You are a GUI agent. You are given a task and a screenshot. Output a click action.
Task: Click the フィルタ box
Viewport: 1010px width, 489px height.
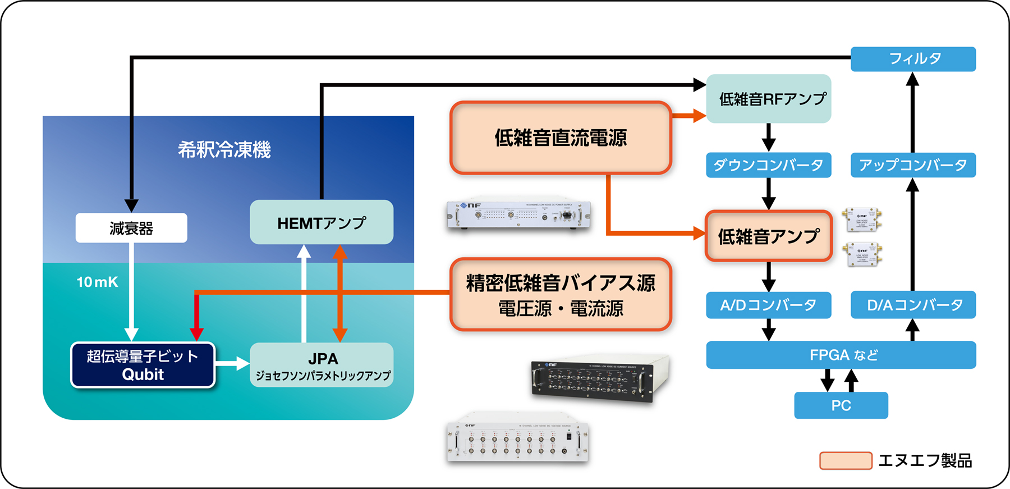click(913, 59)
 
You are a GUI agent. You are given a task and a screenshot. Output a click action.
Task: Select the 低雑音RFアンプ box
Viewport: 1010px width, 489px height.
click(768, 99)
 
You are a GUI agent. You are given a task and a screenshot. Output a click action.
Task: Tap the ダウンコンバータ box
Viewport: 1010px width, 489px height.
click(768, 165)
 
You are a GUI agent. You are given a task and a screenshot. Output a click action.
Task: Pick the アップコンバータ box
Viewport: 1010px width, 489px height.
click(913, 165)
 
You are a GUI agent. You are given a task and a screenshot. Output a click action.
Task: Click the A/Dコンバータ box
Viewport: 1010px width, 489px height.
click(768, 305)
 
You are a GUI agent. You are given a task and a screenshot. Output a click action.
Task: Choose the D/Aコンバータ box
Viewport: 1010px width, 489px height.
click(913, 305)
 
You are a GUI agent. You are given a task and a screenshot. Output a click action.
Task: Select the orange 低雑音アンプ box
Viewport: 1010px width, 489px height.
click(768, 236)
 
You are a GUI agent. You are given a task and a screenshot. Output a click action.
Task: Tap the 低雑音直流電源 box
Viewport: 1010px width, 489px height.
click(561, 138)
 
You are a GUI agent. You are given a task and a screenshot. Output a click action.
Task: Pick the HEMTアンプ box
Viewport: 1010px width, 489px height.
click(321, 222)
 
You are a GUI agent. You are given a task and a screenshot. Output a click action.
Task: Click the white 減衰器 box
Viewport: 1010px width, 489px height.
click(131, 228)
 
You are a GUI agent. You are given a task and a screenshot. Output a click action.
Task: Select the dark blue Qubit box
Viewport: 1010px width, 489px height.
click(143, 365)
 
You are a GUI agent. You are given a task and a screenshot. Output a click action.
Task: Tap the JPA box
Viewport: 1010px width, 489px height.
click(321, 365)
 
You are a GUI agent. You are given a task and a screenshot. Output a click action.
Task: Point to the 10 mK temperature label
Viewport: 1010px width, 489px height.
click(97, 282)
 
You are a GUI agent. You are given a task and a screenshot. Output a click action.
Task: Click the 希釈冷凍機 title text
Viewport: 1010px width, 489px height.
click(224, 150)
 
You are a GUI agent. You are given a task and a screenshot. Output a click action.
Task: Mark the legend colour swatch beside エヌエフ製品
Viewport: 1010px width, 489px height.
click(845, 460)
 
